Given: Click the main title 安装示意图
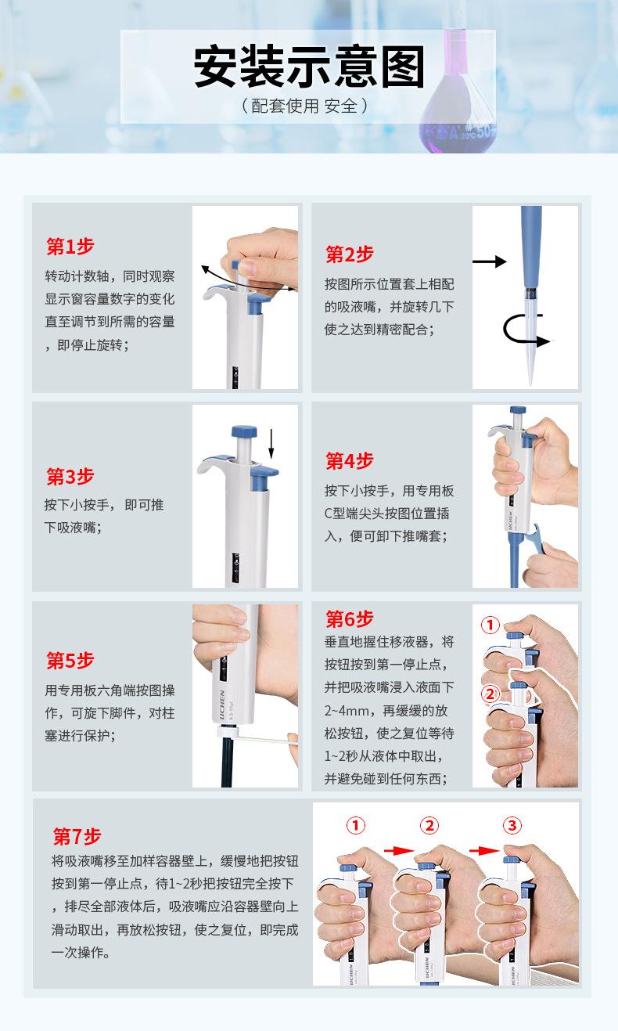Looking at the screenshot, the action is click(x=309, y=67).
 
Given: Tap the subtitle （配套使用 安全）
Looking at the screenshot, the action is click(x=304, y=106).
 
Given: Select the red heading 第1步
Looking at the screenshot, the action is click(x=70, y=247).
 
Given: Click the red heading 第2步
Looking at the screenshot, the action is click(x=350, y=254).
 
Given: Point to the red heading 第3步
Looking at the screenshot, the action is click(x=70, y=477).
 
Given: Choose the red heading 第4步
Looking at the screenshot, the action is click(x=350, y=460).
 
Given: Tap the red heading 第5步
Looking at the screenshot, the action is click(x=70, y=661).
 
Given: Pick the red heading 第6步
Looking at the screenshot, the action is click(x=350, y=619).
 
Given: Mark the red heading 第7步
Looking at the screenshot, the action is click(x=77, y=836).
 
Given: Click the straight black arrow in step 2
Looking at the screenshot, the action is click(x=489, y=261).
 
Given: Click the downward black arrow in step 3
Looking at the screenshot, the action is click(x=271, y=444).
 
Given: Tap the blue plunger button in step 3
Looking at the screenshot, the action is click(x=244, y=433).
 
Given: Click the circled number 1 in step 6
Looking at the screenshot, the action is click(x=490, y=625).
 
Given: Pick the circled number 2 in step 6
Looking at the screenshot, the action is click(x=490, y=694).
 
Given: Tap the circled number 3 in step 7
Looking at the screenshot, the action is click(x=512, y=825).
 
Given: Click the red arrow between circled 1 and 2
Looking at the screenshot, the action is click(x=399, y=851).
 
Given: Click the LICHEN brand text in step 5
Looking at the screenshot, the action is click(x=221, y=704).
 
